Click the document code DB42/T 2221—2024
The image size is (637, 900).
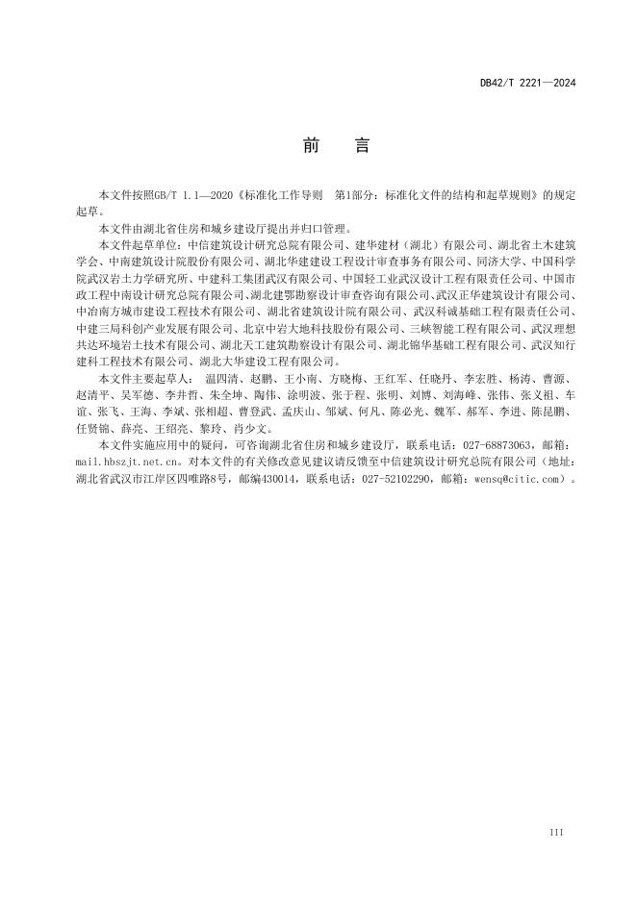526,84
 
